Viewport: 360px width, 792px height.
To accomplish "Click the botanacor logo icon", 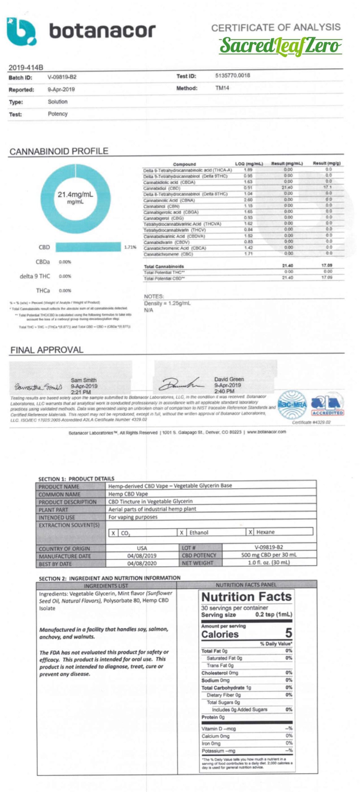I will click(21, 31).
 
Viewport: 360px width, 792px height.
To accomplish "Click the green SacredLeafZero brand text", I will click(280, 46).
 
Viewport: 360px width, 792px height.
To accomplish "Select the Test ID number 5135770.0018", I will click(233, 75).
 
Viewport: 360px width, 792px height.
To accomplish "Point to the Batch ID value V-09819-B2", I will click(62, 77).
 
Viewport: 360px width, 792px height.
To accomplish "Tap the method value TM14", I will click(222, 88).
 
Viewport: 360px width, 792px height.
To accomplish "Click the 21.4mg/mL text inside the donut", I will click(75, 195).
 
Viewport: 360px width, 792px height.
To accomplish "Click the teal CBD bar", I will click(88, 247).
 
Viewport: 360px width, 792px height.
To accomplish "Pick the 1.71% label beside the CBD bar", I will click(130, 247).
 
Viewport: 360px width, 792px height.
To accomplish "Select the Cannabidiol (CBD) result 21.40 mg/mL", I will click(287, 187).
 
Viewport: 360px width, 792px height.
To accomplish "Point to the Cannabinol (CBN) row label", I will click(161, 206).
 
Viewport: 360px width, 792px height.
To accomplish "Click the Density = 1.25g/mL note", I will click(167, 303).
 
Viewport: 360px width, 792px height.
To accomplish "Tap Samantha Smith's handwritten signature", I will click(38, 387).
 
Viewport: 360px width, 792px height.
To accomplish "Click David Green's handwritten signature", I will click(181, 385).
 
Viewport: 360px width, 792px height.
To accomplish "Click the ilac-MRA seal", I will click(292, 405).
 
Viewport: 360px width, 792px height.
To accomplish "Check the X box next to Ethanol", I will click(182, 532).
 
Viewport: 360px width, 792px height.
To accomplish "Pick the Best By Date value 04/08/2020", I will click(142, 563).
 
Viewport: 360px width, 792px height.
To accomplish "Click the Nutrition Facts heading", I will click(246, 596).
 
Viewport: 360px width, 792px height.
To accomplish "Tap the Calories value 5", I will click(288, 633).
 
